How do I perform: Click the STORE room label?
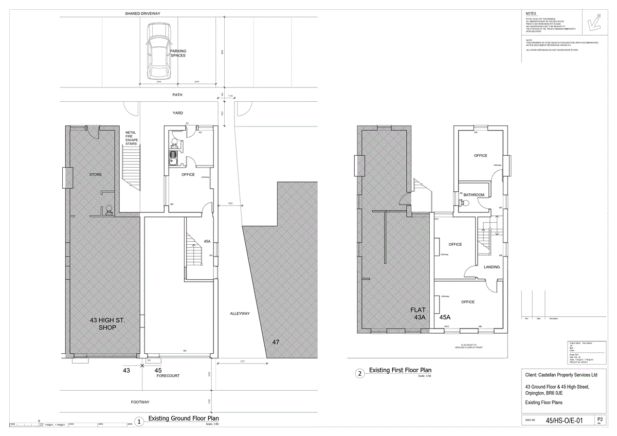pos(95,175)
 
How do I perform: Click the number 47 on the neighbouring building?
pos(276,341)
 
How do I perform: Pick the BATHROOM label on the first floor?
pos(474,195)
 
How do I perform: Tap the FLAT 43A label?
pos(418,314)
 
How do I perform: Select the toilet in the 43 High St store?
pos(108,210)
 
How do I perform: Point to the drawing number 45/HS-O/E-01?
pos(564,421)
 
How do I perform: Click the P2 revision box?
pos(600,420)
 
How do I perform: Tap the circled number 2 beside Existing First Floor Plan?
pos(360,373)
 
